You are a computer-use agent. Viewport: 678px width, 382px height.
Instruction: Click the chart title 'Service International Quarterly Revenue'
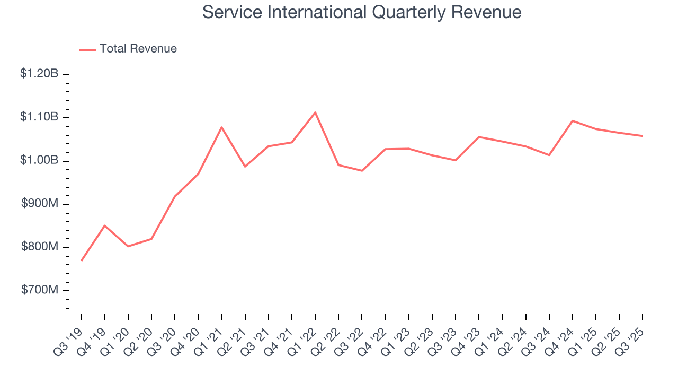pos(362,13)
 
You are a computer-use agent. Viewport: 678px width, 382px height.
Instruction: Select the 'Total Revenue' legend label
pos(138,49)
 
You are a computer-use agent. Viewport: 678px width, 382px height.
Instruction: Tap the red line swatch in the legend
pos(87,49)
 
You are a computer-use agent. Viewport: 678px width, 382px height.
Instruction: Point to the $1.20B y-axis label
pos(39,74)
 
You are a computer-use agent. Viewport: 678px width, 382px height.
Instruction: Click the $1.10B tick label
pos(39,117)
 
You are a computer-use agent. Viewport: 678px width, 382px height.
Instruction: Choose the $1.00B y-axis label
pos(39,161)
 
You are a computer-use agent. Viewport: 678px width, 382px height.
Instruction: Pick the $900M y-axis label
pos(40,204)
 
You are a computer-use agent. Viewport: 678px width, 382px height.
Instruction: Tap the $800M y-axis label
pos(40,247)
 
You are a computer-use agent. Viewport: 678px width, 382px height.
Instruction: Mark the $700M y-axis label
pos(40,291)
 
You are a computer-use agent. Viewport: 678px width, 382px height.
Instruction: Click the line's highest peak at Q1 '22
pos(315,112)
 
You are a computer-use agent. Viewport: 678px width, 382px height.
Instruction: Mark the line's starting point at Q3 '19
pos(82,261)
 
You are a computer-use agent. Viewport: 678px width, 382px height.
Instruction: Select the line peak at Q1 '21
pos(221,127)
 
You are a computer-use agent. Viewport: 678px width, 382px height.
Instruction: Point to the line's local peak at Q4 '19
pos(105,225)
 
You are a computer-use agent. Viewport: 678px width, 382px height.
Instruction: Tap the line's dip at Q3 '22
pos(362,171)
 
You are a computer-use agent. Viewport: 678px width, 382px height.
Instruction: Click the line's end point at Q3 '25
pos(642,136)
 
